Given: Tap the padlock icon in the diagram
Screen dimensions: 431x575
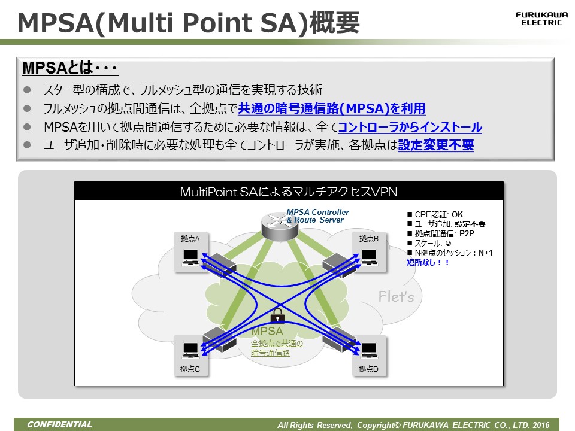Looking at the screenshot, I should pos(277,315).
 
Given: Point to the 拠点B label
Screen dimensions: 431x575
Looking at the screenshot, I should pos(369,238).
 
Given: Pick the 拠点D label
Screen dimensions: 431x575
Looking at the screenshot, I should pos(369,369).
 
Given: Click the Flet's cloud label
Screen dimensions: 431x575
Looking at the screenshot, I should pos(396,296).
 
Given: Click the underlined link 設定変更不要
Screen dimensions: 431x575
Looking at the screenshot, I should pos(435,145).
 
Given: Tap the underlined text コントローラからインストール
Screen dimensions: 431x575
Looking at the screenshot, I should pos(410,127).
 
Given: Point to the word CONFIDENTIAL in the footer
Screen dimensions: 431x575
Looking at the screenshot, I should pos(59,424).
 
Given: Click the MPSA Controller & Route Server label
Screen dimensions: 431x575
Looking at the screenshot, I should pos(317,216).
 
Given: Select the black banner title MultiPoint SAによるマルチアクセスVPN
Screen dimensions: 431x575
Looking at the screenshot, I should pos(289,192).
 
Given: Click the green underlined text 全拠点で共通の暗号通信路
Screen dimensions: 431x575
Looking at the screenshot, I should pos(276,348).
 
